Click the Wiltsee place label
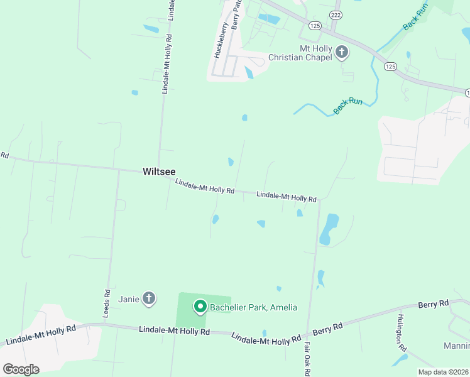tap(159, 171)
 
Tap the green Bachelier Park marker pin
tap(200, 307)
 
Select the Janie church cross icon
tap(149, 298)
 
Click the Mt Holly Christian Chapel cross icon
tap(342, 52)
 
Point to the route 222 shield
tap(336, 14)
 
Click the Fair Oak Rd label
tap(307, 358)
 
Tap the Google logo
tap(21, 369)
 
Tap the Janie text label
tap(128, 298)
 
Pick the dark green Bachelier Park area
tap(189, 320)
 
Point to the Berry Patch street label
tap(237, 14)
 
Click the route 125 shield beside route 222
tap(315, 25)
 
